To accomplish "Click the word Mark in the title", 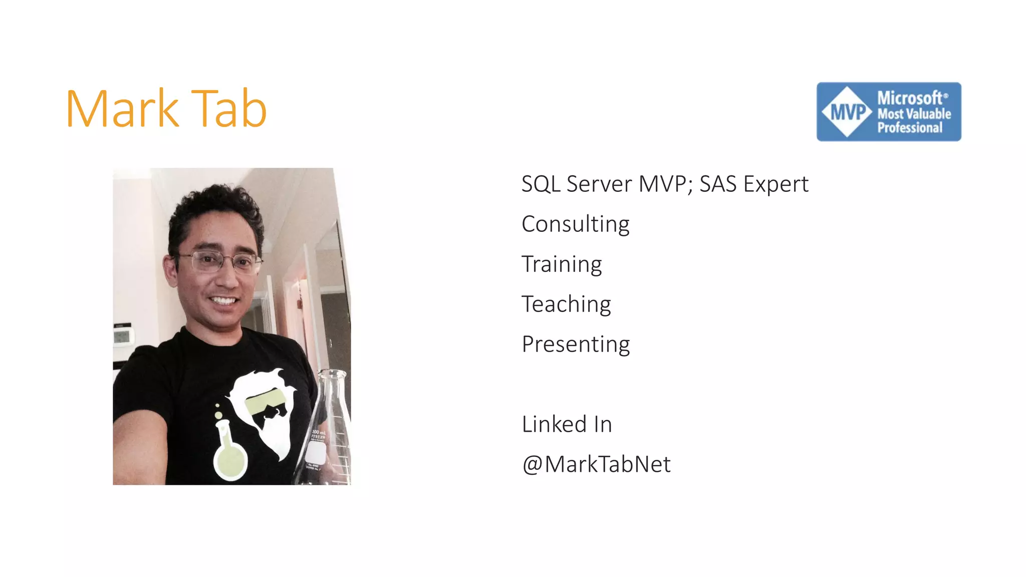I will click(x=122, y=109).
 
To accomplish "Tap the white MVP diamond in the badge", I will click(x=847, y=112).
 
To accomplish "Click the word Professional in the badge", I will click(x=909, y=128).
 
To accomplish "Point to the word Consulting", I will click(x=575, y=224).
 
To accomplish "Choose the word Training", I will click(x=562, y=264).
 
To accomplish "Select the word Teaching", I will click(x=566, y=305).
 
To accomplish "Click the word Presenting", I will click(x=576, y=345).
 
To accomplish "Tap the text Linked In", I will click(x=567, y=424).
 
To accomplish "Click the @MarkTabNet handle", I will click(x=596, y=464).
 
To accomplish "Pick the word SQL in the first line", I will click(x=541, y=184).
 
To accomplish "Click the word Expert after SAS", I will click(x=776, y=184).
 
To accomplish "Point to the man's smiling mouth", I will click(x=223, y=301).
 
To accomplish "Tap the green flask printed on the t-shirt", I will click(x=230, y=453).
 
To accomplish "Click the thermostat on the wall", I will click(x=123, y=335).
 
